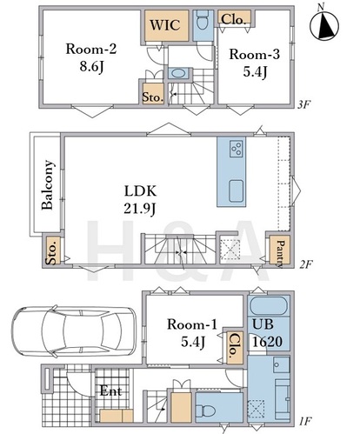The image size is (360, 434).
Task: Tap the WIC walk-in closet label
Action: coord(165,25)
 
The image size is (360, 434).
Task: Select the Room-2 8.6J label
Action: coord(91,57)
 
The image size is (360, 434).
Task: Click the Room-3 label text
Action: coord(255,54)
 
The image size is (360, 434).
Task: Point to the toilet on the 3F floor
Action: coord(203,20)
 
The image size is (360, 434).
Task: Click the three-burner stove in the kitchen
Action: coord(237,149)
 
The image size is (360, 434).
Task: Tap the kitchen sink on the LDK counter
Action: coord(237,190)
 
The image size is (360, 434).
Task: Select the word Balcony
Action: coord(48,184)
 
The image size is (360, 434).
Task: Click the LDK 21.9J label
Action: coord(140,199)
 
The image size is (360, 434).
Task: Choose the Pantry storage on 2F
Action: coord(280,250)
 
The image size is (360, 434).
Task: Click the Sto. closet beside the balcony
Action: coord(53,250)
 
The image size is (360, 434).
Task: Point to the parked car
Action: coord(74,331)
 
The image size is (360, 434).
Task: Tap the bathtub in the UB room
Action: coord(269,306)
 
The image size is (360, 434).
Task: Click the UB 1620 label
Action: coord(267,333)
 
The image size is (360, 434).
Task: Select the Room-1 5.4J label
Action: coord(192,333)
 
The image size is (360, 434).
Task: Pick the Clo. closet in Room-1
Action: coord(235,347)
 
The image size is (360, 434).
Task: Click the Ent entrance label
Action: coord(110,391)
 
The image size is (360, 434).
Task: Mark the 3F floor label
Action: coord(304,104)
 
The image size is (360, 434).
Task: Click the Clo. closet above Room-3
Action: coord(234,19)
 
